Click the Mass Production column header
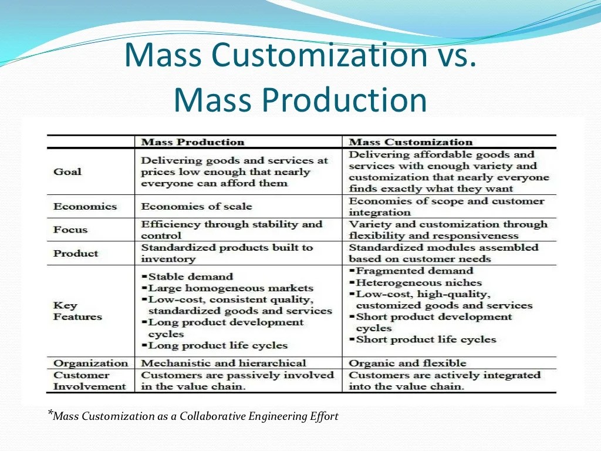pos(193,142)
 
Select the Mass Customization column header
pos(410,142)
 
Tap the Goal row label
pos(67,171)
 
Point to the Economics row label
pos(85,206)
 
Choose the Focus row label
pos(70,230)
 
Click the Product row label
pos(76,253)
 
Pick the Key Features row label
pos(77,311)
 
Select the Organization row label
pos(90,363)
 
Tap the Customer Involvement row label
pos(89,381)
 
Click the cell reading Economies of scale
pos(196,206)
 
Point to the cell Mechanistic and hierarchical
pos(224,363)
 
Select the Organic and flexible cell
pos(407,363)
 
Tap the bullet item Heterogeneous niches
pos(418,282)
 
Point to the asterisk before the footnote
pos(50,414)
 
